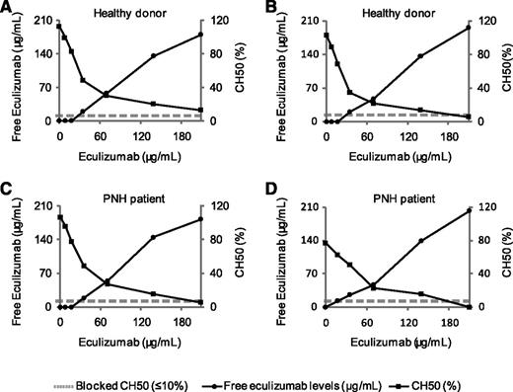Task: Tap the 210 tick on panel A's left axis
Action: coord(39,21)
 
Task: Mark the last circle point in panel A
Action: coord(200,35)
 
